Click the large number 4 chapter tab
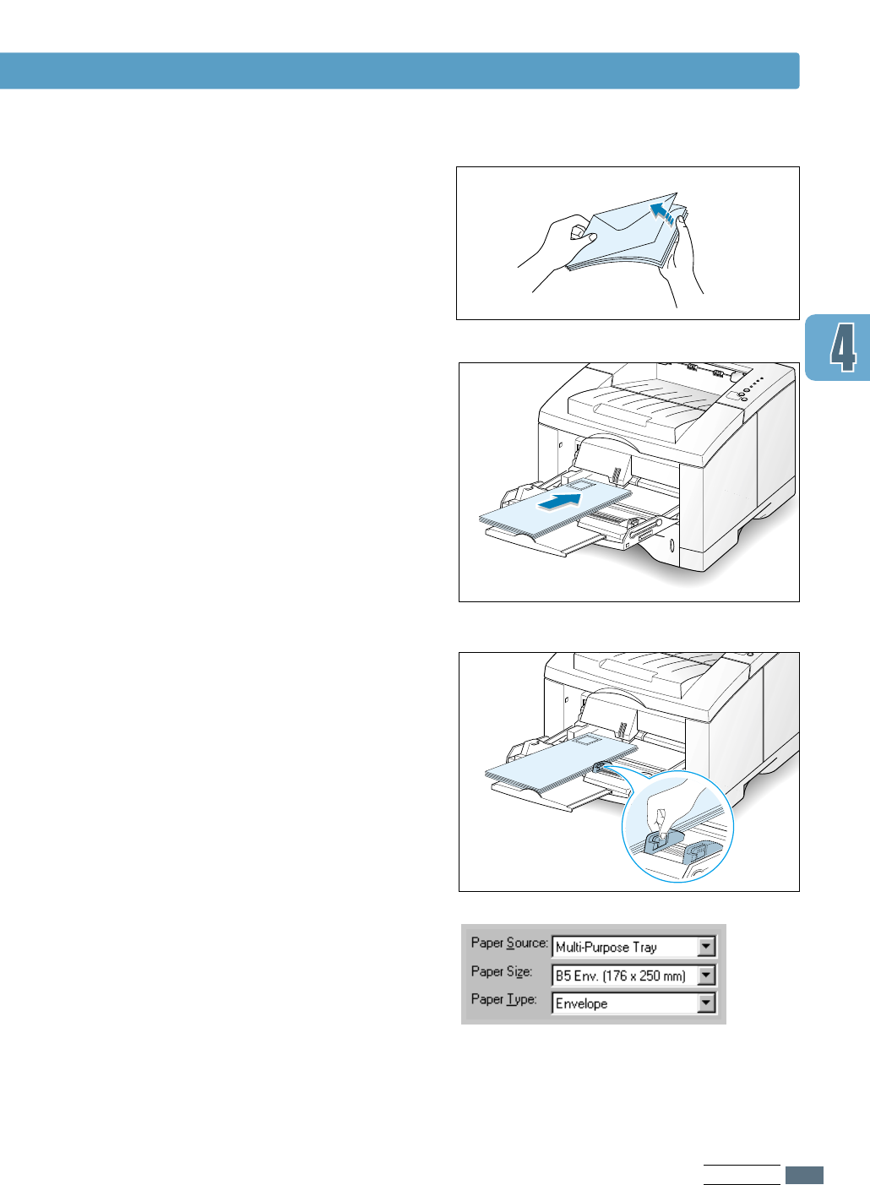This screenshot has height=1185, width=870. (841, 347)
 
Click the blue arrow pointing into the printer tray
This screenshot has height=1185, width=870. (560, 501)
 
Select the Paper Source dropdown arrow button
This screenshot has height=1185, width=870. (707, 947)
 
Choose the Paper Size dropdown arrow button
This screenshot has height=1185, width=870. (707, 976)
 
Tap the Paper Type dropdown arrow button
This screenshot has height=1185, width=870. (707, 1003)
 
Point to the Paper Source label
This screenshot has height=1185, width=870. (509, 943)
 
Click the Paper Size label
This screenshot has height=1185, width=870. (502, 971)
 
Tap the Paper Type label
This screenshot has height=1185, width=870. (503, 999)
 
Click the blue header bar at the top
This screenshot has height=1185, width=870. (399, 71)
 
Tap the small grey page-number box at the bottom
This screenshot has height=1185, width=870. (804, 1175)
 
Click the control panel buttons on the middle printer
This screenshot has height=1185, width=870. (748, 389)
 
